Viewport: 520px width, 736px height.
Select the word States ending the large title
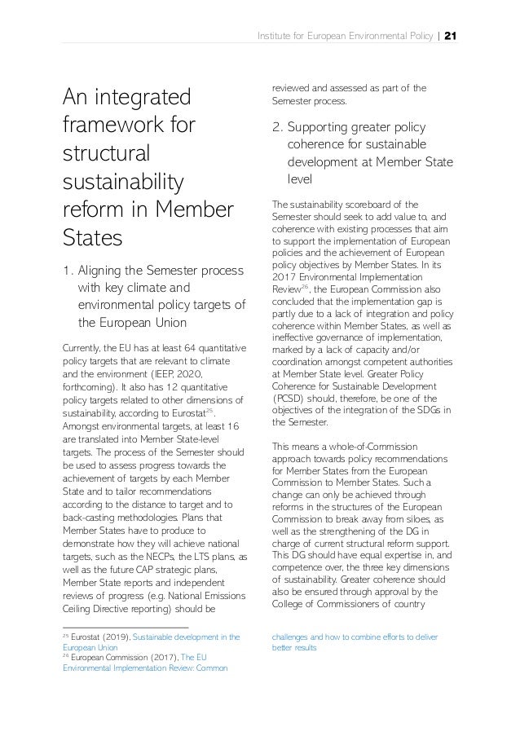(x=92, y=240)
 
